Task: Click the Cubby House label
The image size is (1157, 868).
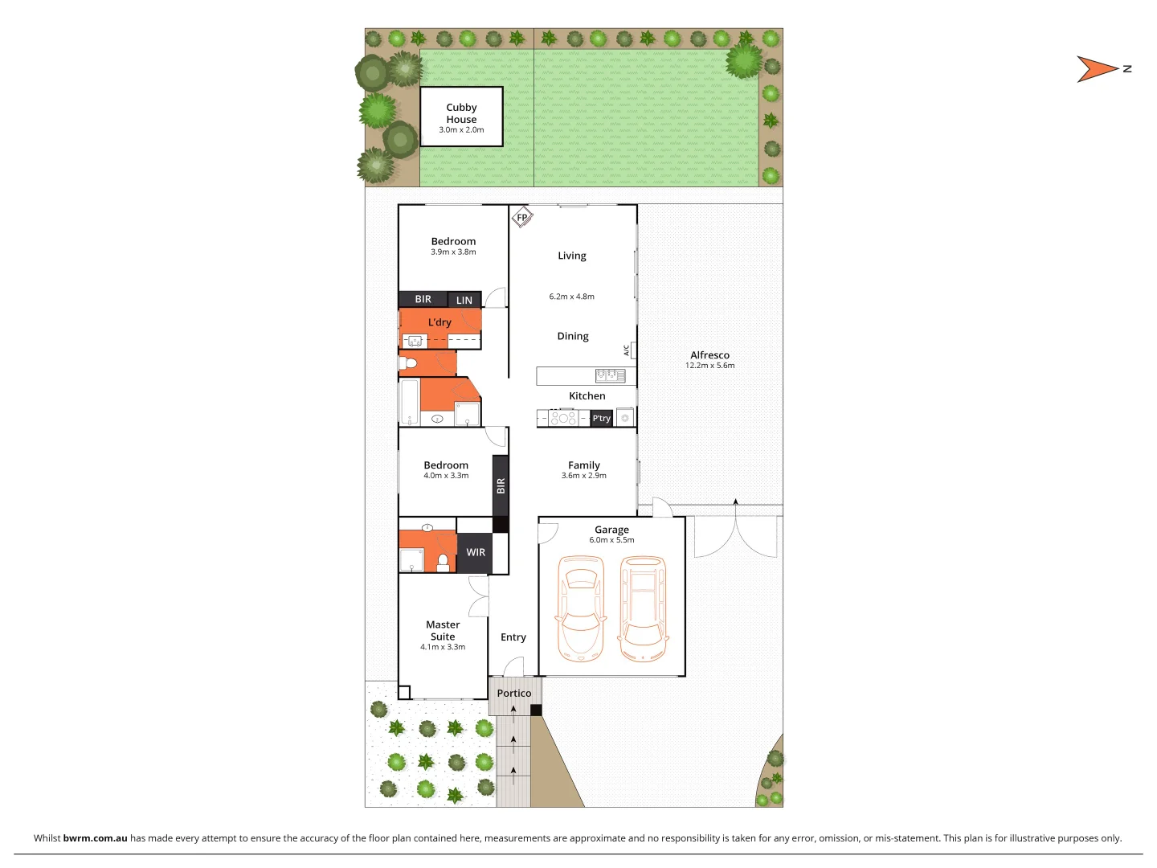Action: pos(461,113)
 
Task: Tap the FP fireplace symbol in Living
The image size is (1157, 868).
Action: pos(522,218)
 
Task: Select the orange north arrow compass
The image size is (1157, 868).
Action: pos(1098,69)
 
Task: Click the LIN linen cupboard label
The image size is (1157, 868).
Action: pos(464,301)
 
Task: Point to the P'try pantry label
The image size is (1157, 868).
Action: pos(601,418)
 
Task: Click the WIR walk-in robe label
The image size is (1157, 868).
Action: pos(476,553)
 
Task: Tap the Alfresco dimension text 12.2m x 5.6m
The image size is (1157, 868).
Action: pos(709,366)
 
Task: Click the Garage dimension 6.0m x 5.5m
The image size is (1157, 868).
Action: pos(611,540)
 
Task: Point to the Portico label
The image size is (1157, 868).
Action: pos(514,694)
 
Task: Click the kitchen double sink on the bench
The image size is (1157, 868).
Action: pos(610,375)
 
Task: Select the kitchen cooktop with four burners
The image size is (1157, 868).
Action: pos(562,418)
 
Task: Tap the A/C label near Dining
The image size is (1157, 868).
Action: pos(627,350)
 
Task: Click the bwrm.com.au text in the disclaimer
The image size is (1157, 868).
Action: pos(95,838)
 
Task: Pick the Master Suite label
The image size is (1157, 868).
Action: pos(443,630)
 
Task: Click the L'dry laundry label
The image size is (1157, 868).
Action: pos(439,322)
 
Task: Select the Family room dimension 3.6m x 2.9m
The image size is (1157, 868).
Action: pos(584,476)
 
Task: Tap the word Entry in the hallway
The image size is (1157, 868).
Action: pos(513,637)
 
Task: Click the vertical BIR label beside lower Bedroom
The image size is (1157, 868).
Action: pos(501,485)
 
